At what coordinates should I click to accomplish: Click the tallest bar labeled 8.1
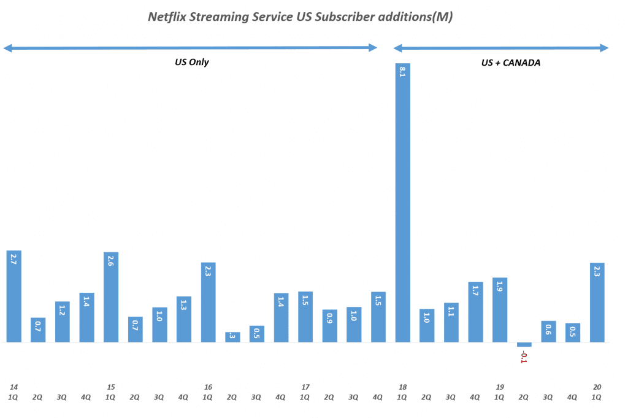pos(402,203)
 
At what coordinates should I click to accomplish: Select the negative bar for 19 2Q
pos(524,344)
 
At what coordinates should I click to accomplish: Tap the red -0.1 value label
pos(524,357)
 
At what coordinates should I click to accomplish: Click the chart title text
pos(301,17)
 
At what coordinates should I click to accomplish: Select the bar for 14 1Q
pos(13,296)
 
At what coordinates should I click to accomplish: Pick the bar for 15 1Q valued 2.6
pos(111,297)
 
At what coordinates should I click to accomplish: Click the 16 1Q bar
pos(208,302)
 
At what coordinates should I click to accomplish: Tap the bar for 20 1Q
pos(597,302)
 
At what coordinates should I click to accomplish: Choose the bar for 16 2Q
pos(232,336)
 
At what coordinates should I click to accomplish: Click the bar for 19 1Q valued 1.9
pos(500,309)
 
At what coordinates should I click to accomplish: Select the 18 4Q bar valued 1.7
pos(475,312)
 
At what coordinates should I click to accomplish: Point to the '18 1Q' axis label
pos(402,392)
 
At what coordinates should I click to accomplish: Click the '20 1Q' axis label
pos(597,392)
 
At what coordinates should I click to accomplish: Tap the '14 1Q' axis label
pos(13,392)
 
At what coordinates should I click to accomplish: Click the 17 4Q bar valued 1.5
pos(378,317)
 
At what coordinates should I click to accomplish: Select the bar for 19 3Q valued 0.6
pos(548,331)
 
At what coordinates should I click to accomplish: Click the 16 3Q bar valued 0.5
pos(257,333)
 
